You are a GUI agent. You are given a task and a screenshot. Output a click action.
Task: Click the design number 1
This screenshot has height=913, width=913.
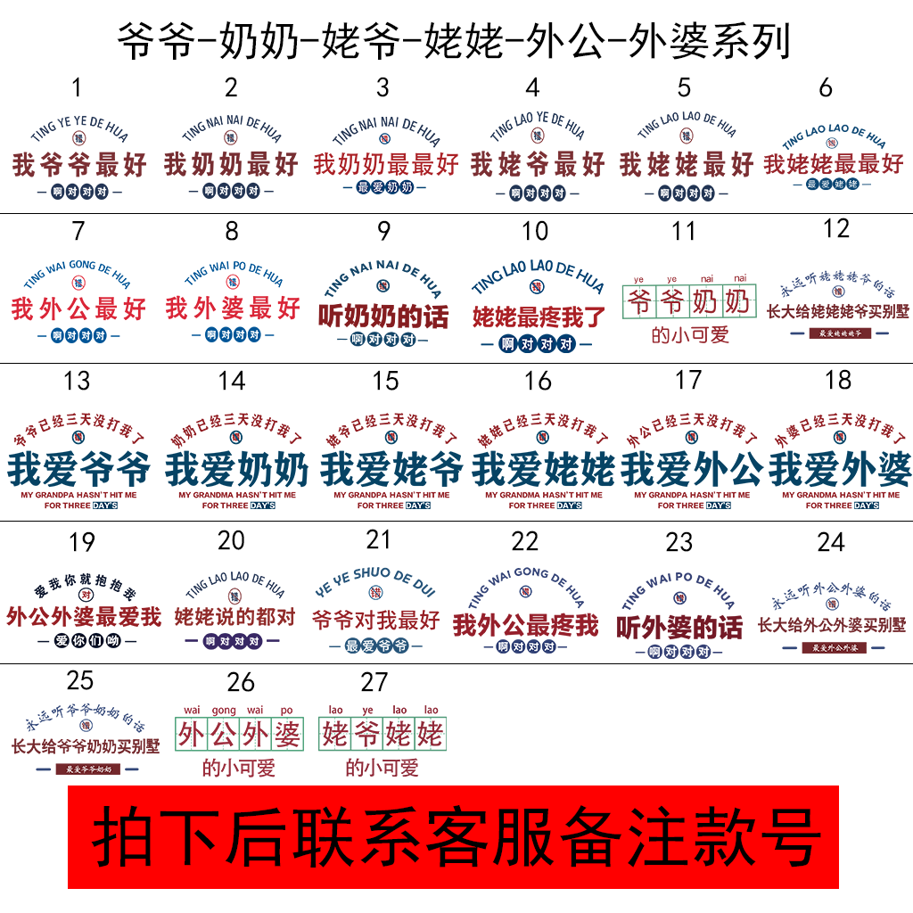(77, 87)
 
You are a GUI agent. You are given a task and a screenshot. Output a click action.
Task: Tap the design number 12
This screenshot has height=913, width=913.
(836, 229)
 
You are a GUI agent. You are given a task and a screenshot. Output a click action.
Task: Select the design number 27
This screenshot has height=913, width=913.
(374, 683)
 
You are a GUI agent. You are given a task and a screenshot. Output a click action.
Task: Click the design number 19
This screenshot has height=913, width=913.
(81, 542)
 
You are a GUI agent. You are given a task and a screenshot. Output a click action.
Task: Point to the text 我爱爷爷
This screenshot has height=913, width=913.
(78, 468)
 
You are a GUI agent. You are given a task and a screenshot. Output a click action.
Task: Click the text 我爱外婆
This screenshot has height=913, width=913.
(840, 468)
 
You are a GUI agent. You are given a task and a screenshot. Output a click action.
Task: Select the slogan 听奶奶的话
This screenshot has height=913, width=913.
(383, 317)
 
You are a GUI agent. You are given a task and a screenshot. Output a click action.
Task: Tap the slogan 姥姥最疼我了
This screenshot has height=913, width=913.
(539, 317)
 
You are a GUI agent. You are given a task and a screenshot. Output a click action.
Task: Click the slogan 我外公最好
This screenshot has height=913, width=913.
(78, 309)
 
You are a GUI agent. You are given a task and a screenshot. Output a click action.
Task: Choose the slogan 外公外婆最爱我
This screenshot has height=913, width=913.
(83, 616)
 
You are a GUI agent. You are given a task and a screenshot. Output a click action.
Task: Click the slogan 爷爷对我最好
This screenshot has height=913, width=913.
(375, 620)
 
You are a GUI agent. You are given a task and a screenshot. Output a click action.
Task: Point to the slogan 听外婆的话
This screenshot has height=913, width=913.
(679, 627)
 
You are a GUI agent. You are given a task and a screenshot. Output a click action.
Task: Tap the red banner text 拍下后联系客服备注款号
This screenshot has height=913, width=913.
(455, 836)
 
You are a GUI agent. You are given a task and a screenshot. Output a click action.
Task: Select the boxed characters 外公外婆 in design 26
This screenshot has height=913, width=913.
(239, 736)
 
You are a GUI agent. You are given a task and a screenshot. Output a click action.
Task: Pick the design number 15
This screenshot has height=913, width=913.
(385, 382)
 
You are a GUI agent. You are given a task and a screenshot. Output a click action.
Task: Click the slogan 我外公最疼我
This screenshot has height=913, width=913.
(525, 625)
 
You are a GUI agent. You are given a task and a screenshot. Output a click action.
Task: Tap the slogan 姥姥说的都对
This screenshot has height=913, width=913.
(234, 616)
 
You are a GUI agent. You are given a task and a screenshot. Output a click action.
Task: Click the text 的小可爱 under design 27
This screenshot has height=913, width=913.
(382, 767)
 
